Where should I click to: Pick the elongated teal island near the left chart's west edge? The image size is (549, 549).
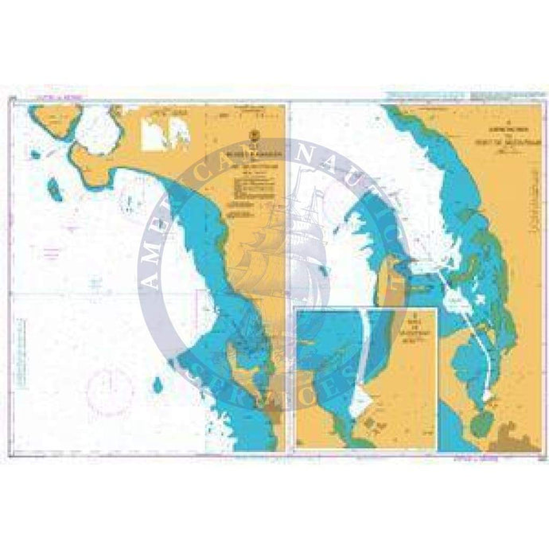[54, 189]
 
